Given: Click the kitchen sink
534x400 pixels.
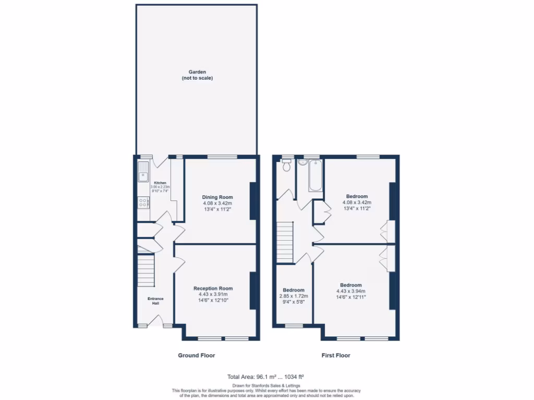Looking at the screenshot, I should [x=143, y=172].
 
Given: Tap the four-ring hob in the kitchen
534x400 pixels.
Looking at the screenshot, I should [x=142, y=203].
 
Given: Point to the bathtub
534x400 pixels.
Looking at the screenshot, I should [x=315, y=176].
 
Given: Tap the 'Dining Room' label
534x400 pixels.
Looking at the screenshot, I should [x=217, y=197].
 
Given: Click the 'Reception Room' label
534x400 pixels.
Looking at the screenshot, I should [x=213, y=288].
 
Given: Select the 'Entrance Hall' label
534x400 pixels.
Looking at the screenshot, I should [x=155, y=301].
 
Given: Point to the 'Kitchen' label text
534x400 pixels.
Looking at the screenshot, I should [x=160, y=183].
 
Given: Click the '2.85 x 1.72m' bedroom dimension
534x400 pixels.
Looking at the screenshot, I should [x=294, y=296].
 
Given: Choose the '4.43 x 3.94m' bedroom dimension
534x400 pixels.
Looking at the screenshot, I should [x=350, y=291].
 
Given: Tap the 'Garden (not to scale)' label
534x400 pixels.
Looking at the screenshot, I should [x=197, y=74].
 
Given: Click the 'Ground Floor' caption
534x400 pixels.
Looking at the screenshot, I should [x=197, y=355].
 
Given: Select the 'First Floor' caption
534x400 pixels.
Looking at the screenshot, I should [x=335, y=355].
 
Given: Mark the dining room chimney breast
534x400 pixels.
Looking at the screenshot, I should [x=253, y=201].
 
